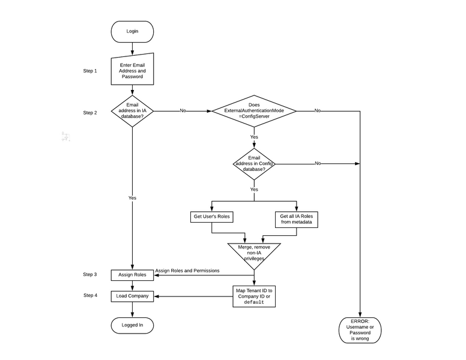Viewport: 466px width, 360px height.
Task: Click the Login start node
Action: [132, 31]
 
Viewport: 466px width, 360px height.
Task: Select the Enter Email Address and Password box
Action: [132, 71]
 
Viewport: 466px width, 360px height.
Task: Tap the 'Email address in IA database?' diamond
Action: [132, 111]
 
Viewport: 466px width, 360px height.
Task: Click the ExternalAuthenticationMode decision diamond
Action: [253, 111]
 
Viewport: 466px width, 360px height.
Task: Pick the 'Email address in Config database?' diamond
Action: [253, 164]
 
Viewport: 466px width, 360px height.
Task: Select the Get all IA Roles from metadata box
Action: [297, 219]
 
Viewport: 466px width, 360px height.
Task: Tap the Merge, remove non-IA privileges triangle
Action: [253, 253]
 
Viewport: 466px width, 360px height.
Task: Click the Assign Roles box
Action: [132, 275]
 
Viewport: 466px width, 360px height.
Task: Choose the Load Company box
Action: [132, 296]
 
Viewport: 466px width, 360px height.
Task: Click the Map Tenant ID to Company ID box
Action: [253, 296]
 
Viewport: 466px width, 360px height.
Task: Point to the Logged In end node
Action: [132, 325]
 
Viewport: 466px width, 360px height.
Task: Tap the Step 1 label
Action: [89, 71]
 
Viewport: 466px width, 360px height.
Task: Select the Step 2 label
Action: [89, 112]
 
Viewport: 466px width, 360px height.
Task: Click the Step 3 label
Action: [89, 274]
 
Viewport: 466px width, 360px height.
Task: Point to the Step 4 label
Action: [89, 295]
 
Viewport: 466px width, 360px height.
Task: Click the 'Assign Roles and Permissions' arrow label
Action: [187, 271]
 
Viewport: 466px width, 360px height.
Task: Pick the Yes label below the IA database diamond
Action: [132, 197]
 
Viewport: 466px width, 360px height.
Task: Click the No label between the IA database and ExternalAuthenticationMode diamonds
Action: [183, 111]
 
